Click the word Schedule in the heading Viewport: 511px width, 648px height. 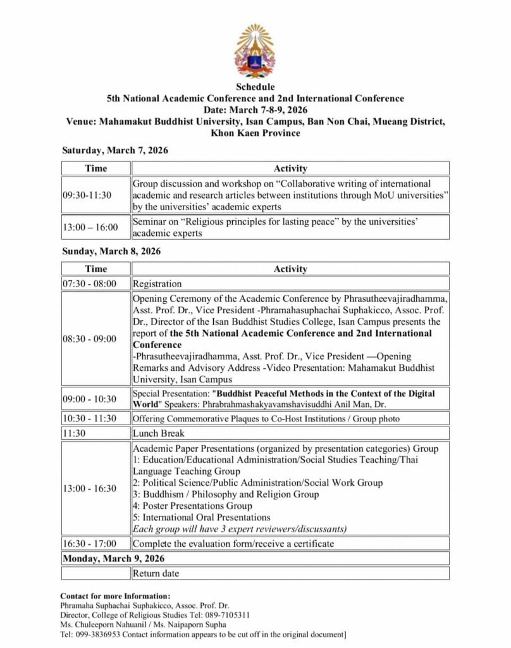click(255, 87)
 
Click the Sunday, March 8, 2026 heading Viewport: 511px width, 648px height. click(111, 251)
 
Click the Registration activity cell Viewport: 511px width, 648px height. click(157, 283)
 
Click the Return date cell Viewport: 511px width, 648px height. click(156, 573)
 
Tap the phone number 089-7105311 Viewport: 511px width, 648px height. click(227, 614)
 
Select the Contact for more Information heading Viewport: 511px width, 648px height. click(115, 595)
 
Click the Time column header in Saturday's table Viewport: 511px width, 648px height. click(96, 168)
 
